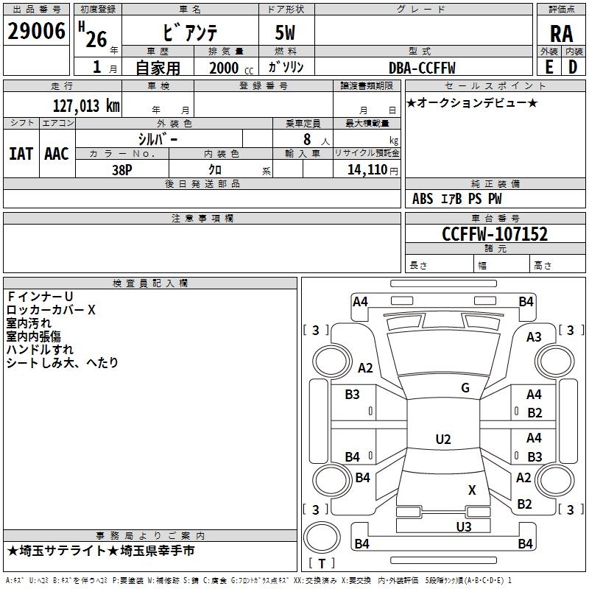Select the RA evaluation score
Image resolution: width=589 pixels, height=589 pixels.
coord(561,33)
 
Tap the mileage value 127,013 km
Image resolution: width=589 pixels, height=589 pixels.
coord(87,105)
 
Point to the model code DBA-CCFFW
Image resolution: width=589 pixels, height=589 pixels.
coord(422,68)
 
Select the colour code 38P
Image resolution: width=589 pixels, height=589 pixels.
coord(122,169)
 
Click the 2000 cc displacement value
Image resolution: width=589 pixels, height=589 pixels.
coord(224,68)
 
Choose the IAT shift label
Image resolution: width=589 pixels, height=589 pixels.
coord(21,153)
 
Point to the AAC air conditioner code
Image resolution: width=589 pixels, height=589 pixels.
coord(56,153)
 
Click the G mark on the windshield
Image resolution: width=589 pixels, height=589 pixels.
coord(465,388)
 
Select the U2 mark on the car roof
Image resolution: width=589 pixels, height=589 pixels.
coord(442,440)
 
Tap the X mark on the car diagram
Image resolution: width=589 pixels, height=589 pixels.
coord(472,490)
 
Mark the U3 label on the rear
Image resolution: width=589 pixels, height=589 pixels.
coord(463,526)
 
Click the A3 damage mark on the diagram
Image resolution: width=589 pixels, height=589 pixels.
coord(534,336)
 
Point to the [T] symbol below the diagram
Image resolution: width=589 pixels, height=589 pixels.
coord(321,563)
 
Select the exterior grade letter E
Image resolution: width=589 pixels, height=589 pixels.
coord(549,67)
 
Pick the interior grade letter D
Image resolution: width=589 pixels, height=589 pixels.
coord(573,67)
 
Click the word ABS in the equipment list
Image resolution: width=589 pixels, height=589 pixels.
coord(423,199)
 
